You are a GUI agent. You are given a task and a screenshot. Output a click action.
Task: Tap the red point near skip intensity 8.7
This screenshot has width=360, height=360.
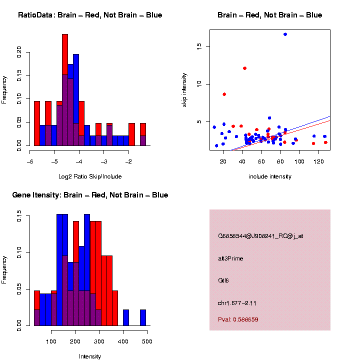[224, 94]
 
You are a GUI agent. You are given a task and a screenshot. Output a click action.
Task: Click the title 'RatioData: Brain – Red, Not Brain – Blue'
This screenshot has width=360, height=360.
[90, 15]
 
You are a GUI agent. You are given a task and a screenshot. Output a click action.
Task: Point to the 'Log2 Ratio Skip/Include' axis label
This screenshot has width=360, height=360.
[90, 176]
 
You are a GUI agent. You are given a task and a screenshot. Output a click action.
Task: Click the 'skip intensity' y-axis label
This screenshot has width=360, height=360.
[184, 89]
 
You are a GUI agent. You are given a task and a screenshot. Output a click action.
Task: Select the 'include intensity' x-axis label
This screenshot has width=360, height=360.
[270, 176]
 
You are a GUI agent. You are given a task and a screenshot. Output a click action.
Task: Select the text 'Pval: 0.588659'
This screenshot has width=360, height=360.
[238, 319]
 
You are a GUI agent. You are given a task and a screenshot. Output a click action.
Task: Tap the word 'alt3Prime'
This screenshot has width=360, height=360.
[230, 258]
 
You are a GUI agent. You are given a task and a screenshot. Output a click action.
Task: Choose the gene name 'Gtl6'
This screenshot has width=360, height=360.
[223, 280]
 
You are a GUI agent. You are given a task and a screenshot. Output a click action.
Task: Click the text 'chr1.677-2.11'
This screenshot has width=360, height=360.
[237, 303]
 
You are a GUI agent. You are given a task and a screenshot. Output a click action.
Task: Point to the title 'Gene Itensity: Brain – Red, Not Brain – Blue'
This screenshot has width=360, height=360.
[90, 195]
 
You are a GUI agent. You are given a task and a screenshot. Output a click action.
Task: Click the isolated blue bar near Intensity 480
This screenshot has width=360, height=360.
[143, 317]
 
